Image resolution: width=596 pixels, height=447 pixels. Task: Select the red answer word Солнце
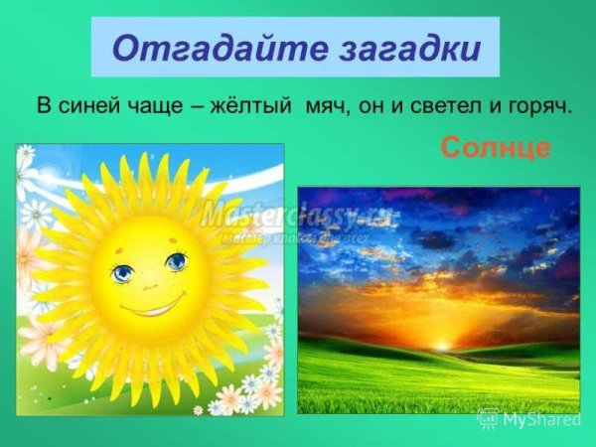click(495, 149)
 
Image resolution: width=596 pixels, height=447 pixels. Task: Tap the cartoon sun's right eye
click(175, 261)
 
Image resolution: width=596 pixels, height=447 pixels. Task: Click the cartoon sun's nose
click(150, 283)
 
